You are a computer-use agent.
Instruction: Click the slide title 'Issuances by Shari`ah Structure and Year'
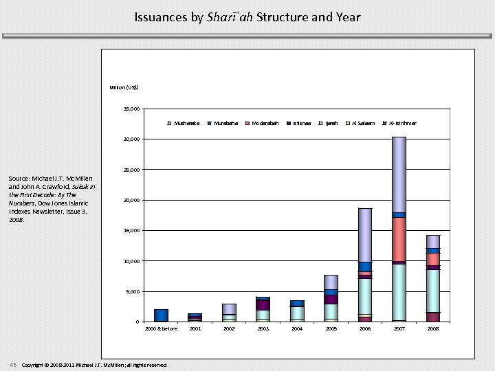pyautogui.click(x=247, y=17)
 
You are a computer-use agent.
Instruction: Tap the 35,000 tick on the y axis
pyautogui.click(x=131, y=109)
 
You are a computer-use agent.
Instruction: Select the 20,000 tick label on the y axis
pyautogui.click(x=131, y=201)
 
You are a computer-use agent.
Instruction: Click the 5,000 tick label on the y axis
pyautogui.click(x=133, y=292)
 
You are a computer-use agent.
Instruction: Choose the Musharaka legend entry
pyautogui.click(x=186, y=124)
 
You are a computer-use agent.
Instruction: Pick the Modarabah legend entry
pyautogui.click(x=264, y=124)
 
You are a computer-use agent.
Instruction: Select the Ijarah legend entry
pyautogui.click(x=331, y=124)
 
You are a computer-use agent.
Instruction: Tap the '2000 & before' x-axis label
pyautogui.click(x=162, y=329)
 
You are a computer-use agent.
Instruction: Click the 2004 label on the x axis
pyautogui.click(x=297, y=329)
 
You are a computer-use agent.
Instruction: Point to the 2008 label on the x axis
pyautogui.click(x=432, y=329)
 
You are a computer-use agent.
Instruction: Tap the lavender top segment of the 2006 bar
pyautogui.click(x=365, y=234)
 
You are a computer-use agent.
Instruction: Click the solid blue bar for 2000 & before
pyautogui.click(x=162, y=315)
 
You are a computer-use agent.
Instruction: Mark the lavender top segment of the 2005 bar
pyautogui.click(x=331, y=282)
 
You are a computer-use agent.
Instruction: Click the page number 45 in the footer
pyautogui.click(x=13, y=364)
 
